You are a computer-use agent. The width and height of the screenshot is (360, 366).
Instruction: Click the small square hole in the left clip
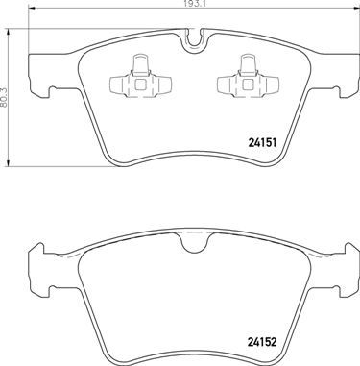[135, 83]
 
